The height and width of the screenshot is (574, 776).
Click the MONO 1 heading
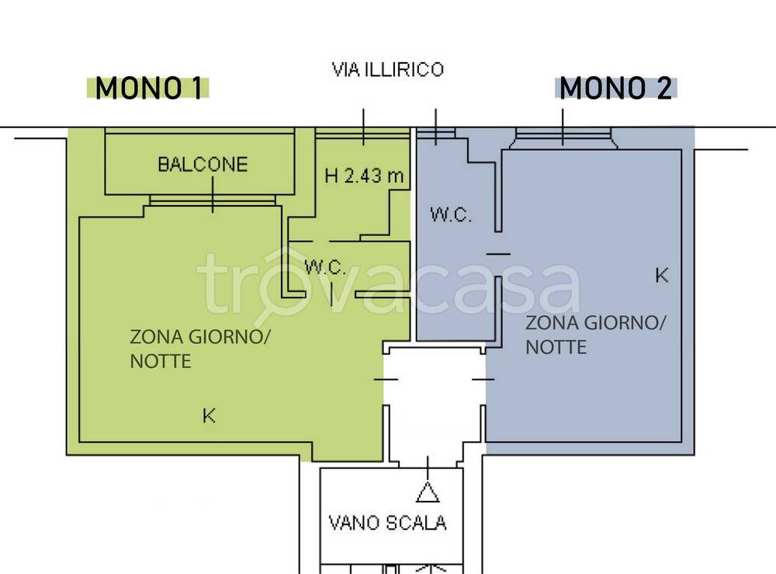pyautogui.click(x=148, y=89)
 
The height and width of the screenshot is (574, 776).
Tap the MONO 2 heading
pyautogui.click(x=616, y=89)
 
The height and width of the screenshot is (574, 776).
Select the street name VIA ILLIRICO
pyautogui.click(x=387, y=70)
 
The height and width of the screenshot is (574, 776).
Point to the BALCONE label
pyautogui.click(x=203, y=165)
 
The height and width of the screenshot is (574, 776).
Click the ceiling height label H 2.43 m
pyautogui.click(x=364, y=176)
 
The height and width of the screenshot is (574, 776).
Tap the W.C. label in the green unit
pyautogui.click(x=324, y=267)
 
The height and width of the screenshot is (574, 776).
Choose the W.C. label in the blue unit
pyautogui.click(x=451, y=215)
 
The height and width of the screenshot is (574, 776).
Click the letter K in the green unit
pyautogui.click(x=209, y=416)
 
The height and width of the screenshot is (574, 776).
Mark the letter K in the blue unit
pyautogui.click(x=661, y=275)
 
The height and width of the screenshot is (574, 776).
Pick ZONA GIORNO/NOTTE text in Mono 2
pyautogui.click(x=595, y=334)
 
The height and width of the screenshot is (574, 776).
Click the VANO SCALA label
pyautogui.click(x=386, y=523)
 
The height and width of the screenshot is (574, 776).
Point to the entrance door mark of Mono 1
pyautogui.click(x=386, y=379)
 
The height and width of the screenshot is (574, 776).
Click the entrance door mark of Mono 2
pyautogui.click(x=483, y=379)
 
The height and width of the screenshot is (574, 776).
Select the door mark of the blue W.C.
pyautogui.click(x=497, y=254)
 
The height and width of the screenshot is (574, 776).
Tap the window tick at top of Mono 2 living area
pyautogui.click(x=563, y=127)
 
